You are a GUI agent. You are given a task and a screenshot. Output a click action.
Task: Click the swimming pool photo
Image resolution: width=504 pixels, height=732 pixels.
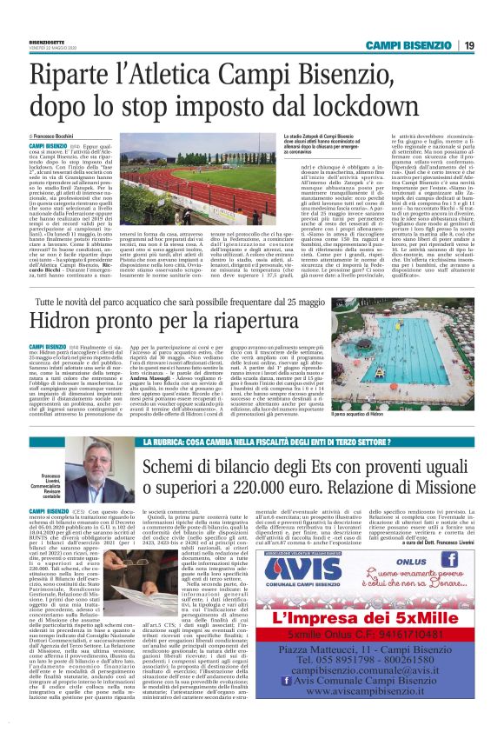pyautogui.click(x=430, y=383)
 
